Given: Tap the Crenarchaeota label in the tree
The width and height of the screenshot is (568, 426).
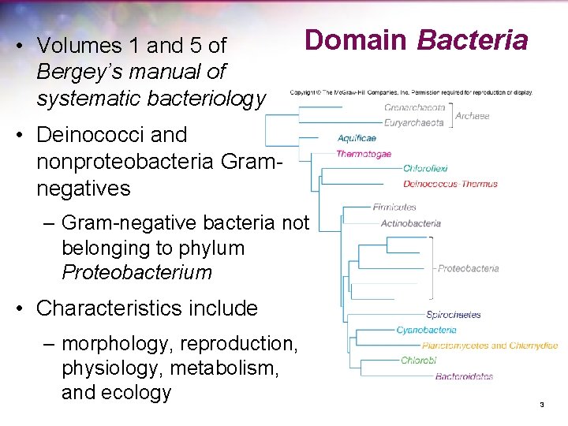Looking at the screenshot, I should click(414, 107).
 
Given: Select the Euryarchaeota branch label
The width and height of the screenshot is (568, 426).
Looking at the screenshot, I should click(413, 122).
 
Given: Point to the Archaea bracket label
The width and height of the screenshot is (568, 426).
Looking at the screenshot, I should click(472, 115).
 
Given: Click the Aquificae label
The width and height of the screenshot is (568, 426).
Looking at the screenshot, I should click(357, 139).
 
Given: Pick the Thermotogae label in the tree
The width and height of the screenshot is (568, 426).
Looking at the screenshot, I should click(364, 154).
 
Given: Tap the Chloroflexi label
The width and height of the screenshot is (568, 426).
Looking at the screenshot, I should click(425, 169).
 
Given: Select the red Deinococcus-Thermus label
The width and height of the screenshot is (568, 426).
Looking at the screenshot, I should click(450, 184).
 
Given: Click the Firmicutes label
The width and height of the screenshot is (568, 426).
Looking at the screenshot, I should click(394, 207).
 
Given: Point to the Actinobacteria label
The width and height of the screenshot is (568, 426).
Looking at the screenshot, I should click(410, 223).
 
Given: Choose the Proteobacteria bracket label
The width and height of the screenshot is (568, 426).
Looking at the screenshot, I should click(468, 268).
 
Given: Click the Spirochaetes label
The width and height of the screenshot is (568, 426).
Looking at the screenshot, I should click(453, 315).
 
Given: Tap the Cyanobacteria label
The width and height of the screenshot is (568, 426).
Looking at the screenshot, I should click(426, 330).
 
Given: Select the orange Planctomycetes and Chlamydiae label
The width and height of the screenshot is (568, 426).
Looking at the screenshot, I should click(489, 346).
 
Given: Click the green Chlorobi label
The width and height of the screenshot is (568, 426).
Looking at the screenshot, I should click(418, 361).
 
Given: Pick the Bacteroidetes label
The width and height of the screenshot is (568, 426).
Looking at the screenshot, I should click(464, 376).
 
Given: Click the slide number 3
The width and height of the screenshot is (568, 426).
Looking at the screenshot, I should click(542, 405).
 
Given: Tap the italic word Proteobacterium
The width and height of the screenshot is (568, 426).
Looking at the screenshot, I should click(136, 273).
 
